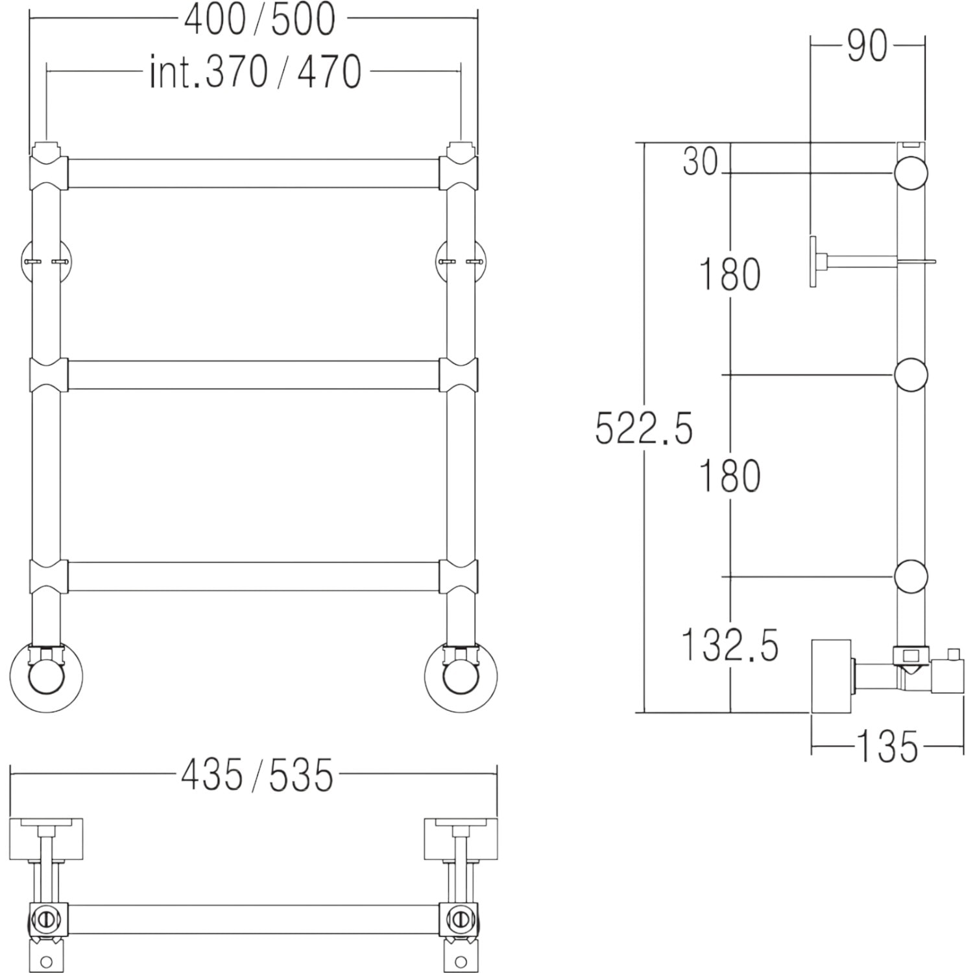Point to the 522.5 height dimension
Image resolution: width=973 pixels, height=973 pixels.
[x=644, y=428]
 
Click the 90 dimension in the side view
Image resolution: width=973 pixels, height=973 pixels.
[x=867, y=45]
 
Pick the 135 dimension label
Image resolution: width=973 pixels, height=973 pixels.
[x=887, y=746]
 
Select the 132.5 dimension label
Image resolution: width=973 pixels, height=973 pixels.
[x=730, y=645]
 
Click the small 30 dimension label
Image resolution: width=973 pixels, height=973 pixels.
[x=701, y=161]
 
